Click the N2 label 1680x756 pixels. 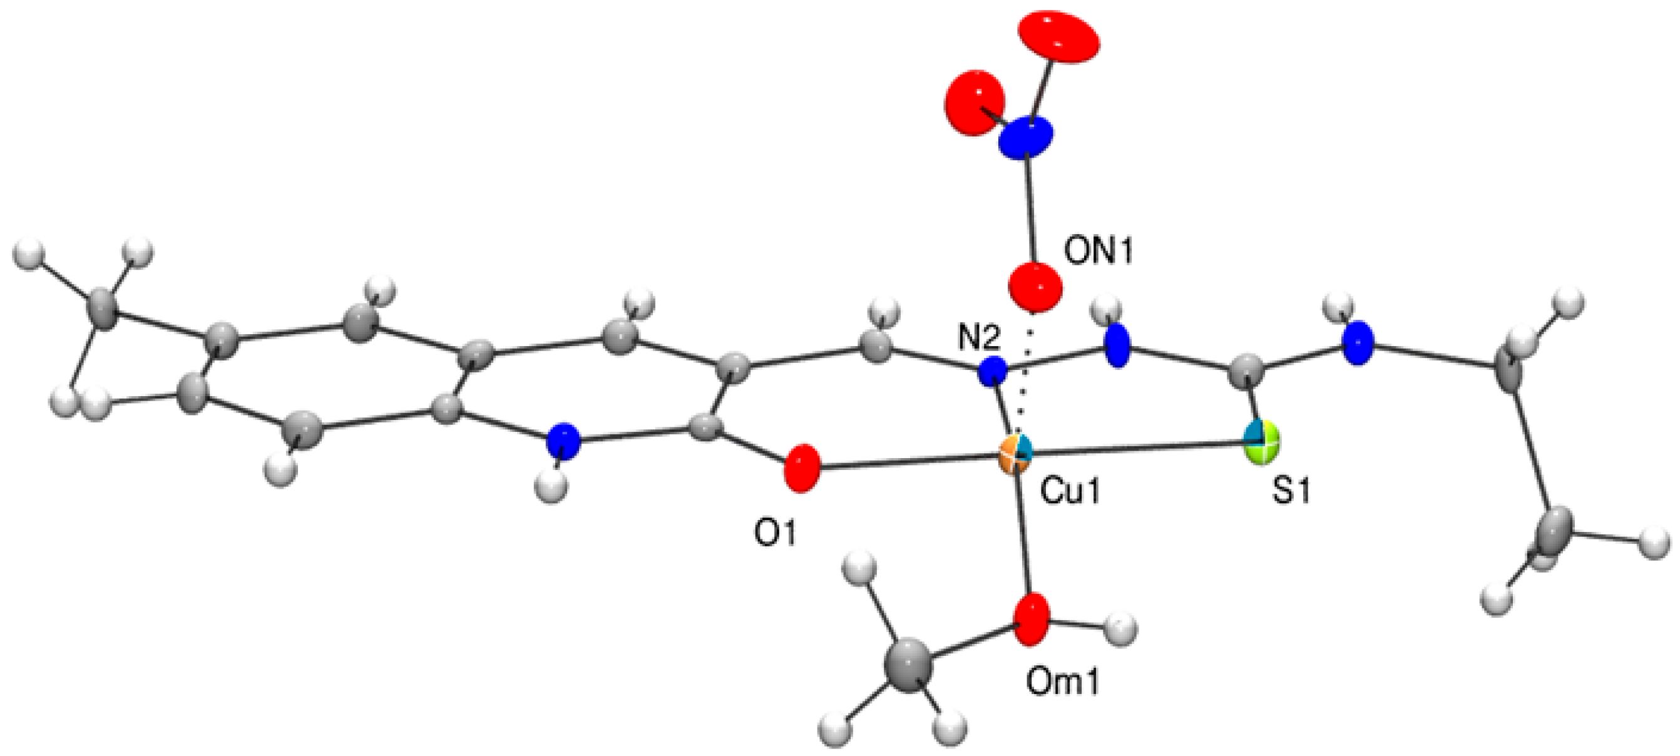point(978,339)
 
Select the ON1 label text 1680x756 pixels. point(1099,252)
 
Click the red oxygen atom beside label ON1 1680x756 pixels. point(1034,287)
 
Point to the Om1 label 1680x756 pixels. point(1063,682)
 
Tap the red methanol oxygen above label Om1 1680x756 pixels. point(1031,619)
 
